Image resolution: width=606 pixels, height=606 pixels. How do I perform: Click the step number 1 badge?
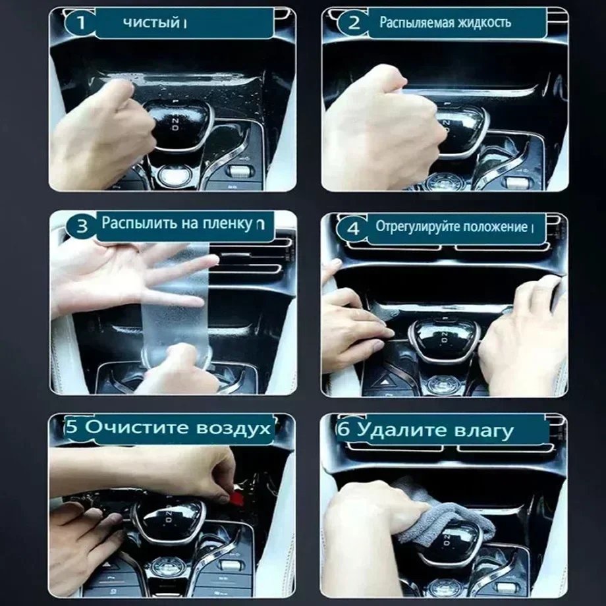pyautogui.click(x=80, y=23)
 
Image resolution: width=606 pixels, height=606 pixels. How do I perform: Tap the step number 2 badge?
pyautogui.click(x=354, y=23)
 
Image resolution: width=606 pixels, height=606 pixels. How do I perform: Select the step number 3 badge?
pyautogui.click(x=82, y=226)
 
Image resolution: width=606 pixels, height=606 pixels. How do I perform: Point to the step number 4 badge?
pyautogui.click(x=352, y=229)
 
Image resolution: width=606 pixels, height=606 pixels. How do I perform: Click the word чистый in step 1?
pyautogui.click(x=151, y=23)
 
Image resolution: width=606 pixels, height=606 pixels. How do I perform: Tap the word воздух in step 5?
pyautogui.click(x=233, y=428)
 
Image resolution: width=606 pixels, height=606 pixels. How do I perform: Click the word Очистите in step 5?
pyautogui.click(x=137, y=427)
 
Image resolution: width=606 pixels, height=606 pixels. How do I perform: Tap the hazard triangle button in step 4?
pyautogui.click(x=385, y=382)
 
